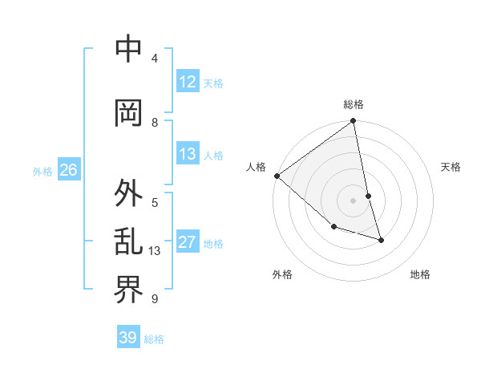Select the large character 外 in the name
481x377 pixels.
(129, 193)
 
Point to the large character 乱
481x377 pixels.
(129, 241)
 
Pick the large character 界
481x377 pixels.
(129, 290)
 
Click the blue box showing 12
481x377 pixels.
(188, 82)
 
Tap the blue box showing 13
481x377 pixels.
(188, 154)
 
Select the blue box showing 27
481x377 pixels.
(188, 242)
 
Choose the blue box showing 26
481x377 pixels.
(68, 170)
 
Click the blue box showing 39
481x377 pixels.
(128, 338)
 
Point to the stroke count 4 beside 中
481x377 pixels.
(155, 59)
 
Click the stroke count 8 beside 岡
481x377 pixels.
(155, 123)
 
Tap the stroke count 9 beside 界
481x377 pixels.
(155, 299)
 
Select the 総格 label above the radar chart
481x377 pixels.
(354, 104)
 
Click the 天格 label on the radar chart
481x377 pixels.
(451, 167)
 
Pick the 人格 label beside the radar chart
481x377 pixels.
(256, 167)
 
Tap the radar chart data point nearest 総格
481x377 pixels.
(354, 122)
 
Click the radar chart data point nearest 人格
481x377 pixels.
(277, 176)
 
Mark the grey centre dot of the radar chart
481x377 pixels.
(354, 201)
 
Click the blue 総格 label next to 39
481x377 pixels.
(154, 339)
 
